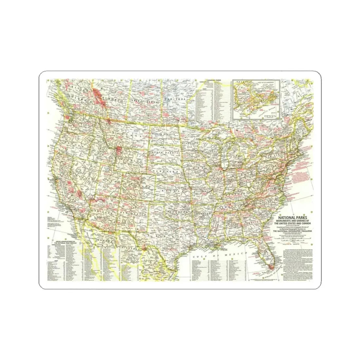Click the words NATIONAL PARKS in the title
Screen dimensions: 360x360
point(293,216)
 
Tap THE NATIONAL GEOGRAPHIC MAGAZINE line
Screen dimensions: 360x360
point(293,231)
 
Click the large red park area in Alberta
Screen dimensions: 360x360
point(97,95)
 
